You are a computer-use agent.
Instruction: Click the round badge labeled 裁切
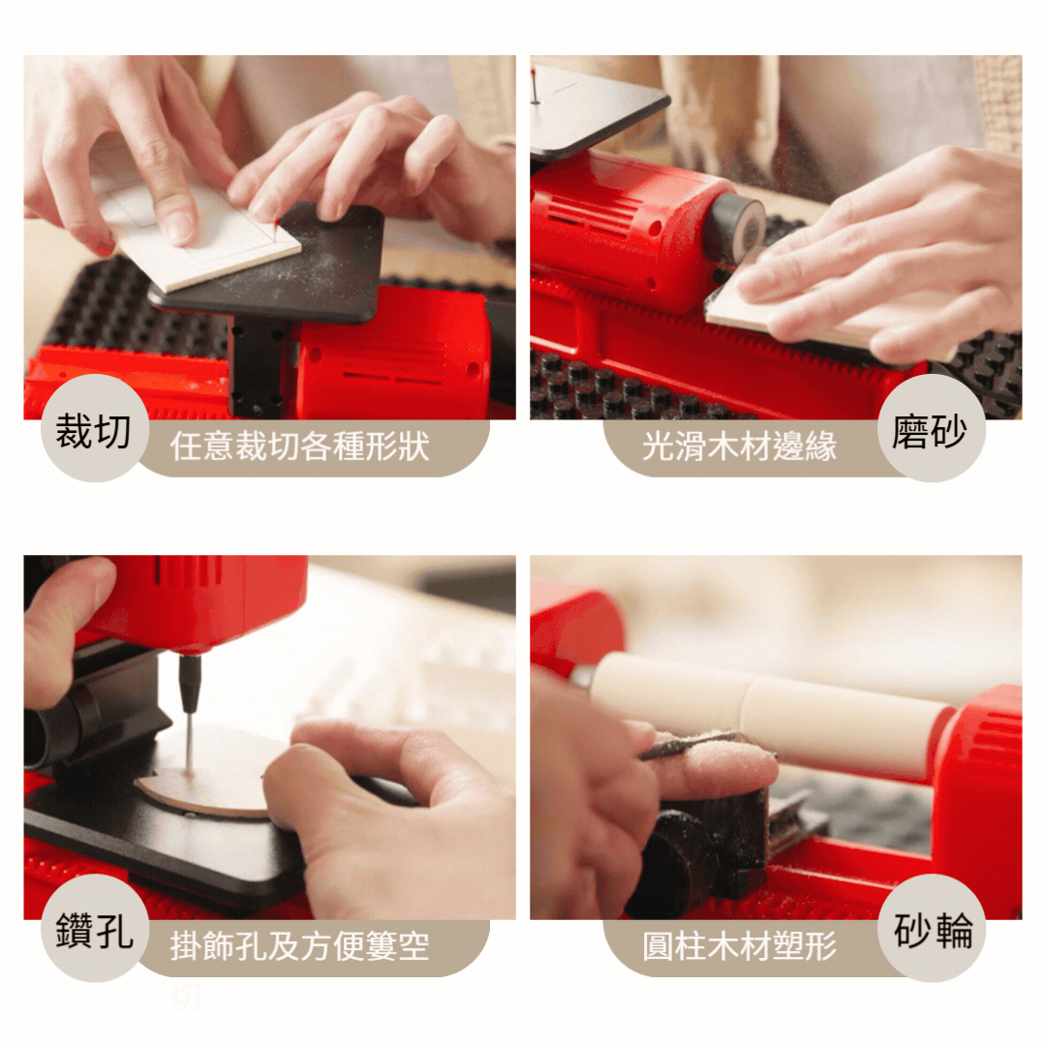94,428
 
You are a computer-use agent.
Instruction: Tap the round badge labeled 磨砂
931,428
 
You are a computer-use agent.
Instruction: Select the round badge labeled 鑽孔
94,928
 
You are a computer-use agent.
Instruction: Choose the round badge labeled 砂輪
931,928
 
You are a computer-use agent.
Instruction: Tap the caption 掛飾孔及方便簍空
299,946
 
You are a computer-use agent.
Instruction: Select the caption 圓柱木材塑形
739,946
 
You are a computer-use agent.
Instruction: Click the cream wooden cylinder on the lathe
767,714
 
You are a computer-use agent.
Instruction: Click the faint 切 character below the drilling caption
185,998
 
